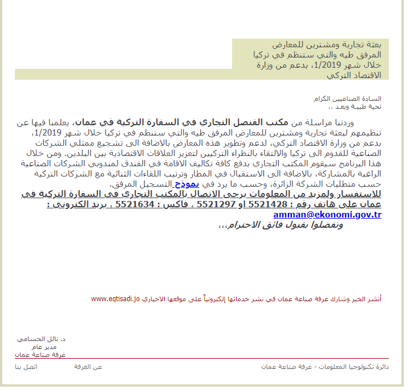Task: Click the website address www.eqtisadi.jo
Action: (x=115, y=298)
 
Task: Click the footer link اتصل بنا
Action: (x=26, y=367)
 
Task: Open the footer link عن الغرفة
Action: (x=88, y=367)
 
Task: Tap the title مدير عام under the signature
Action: (x=55, y=347)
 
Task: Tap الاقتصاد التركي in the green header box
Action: (x=355, y=75)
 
